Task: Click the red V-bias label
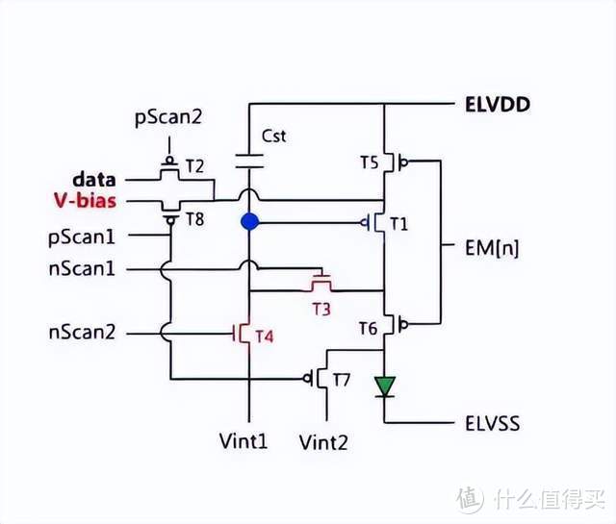88,202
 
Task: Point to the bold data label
94,180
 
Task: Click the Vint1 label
244,442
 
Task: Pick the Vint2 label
323,442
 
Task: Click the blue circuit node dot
250,222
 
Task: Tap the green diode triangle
385,387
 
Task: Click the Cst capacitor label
273,137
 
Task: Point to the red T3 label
321,309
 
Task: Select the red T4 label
264,337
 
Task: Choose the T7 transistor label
341,380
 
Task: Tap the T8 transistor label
195,219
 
